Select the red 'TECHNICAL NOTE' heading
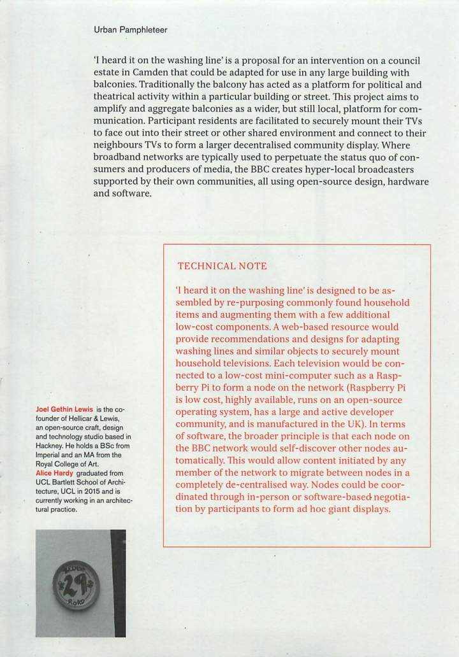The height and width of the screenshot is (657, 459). point(222,265)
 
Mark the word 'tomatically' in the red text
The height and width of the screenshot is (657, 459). point(200,460)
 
